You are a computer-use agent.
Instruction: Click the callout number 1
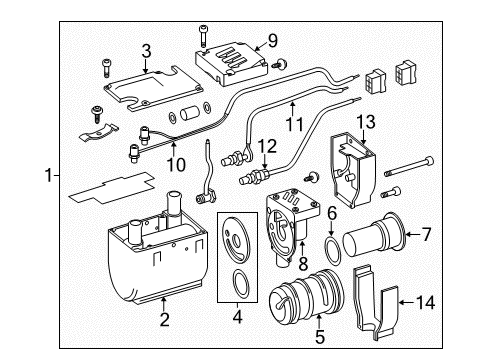click(48, 176)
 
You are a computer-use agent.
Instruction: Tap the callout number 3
click(145, 49)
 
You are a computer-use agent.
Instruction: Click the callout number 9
click(271, 42)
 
